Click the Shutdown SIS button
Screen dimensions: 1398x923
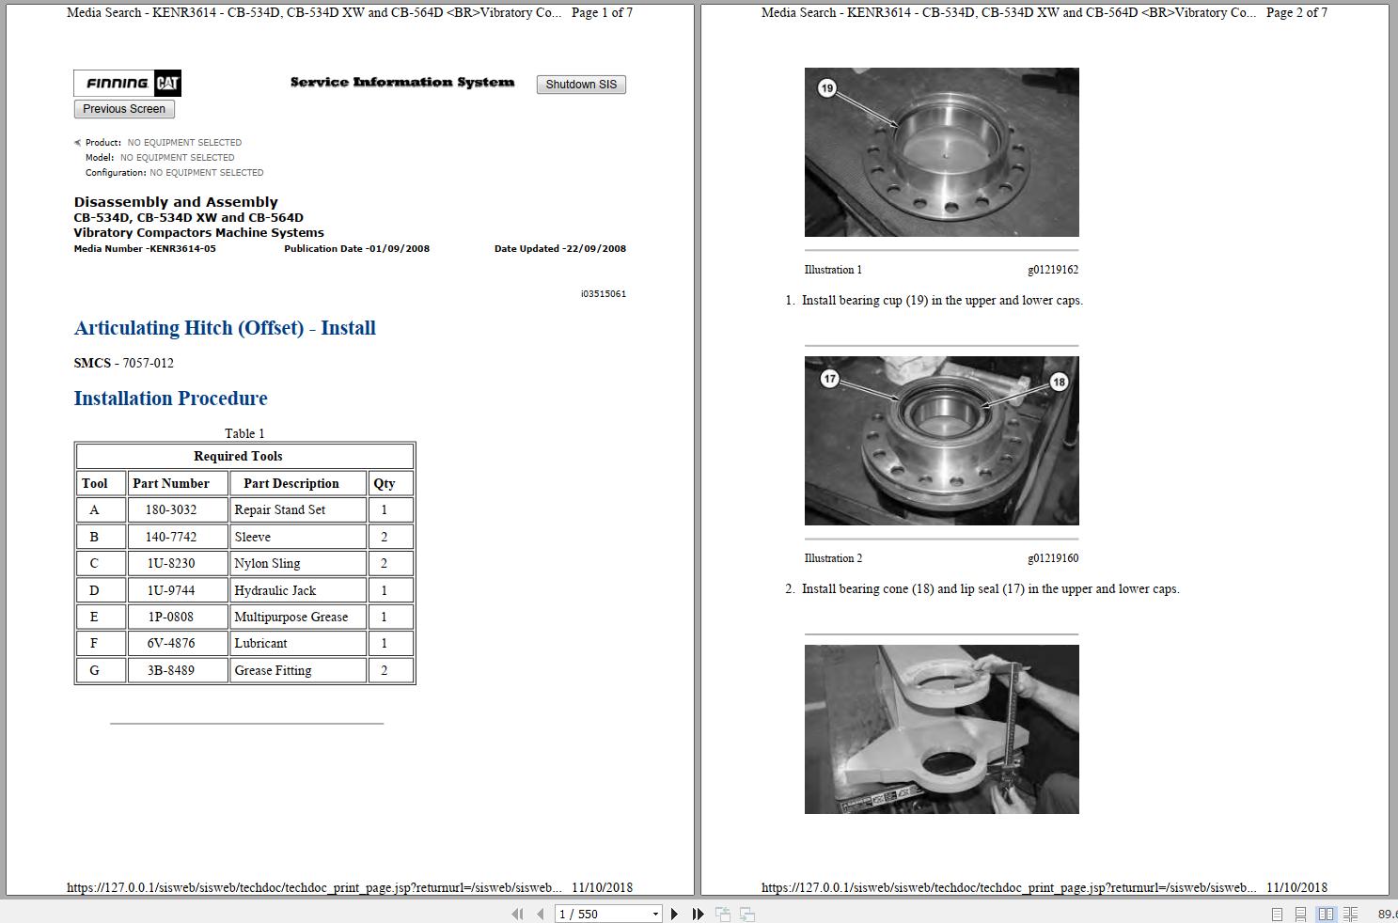coord(580,85)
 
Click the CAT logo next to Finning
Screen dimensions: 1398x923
coord(167,83)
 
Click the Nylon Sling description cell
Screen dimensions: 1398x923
coord(298,564)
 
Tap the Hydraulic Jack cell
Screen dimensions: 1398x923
coord(298,590)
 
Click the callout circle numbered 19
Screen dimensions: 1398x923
coord(827,88)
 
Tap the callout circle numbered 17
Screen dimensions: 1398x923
coord(829,379)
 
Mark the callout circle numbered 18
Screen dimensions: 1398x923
coord(1060,382)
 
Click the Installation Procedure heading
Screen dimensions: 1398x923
coord(170,399)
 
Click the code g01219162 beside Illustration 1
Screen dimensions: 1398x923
coord(1053,270)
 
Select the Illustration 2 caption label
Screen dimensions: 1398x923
coord(833,558)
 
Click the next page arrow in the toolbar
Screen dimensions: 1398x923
coord(674,915)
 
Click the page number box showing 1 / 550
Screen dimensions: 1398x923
coord(608,915)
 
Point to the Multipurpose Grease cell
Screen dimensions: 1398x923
coord(298,617)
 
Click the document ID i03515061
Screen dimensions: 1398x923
coord(603,294)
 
